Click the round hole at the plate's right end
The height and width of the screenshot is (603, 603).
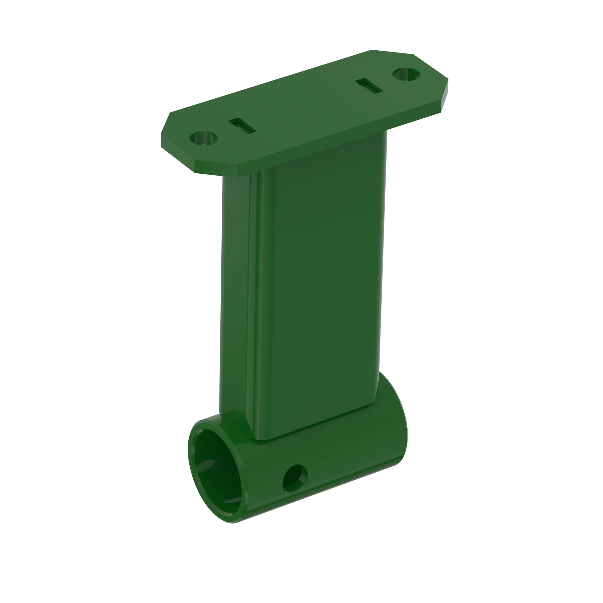pos(406,74)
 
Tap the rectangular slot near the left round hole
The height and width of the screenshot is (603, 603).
pos(242,126)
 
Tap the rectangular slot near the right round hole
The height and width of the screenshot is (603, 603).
pos(369,86)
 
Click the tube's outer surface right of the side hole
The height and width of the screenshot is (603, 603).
pos(349,462)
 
